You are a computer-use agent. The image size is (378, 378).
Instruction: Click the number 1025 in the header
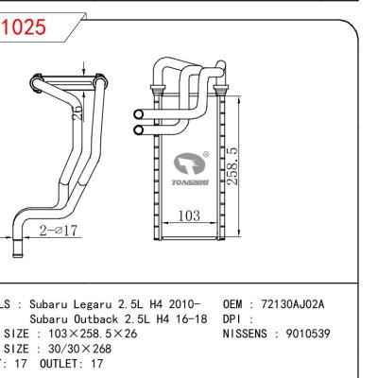coord(24,28)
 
